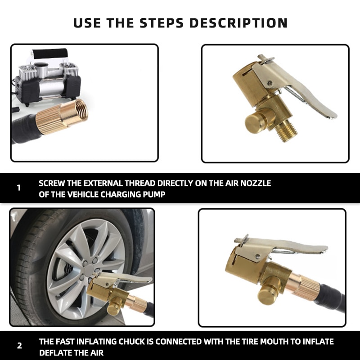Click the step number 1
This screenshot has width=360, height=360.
[x=18, y=188]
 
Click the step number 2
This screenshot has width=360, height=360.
[x=19, y=346]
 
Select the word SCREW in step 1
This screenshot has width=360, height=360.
[x=53, y=184]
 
